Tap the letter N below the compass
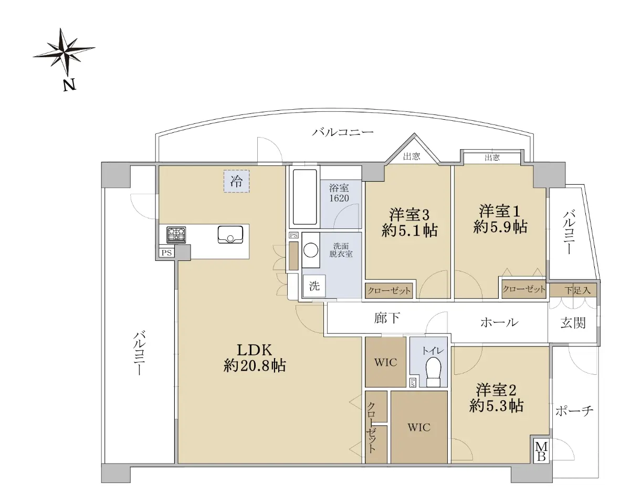point(70,85)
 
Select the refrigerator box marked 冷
point(237,181)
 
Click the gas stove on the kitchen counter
point(176,235)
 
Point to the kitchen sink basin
point(230,235)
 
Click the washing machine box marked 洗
point(314,286)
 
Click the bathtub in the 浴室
point(304,197)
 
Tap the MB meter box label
point(541,451)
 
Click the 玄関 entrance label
point(573,323)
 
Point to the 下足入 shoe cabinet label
point(577,290)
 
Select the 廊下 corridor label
point(387,318)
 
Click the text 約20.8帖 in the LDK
point(255,365)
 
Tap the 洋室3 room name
point(409,215)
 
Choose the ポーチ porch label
point(574,411)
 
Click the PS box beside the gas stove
point(166,253)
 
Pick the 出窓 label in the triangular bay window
point(412,156)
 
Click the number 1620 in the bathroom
point(339,198)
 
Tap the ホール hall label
point(499,322)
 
